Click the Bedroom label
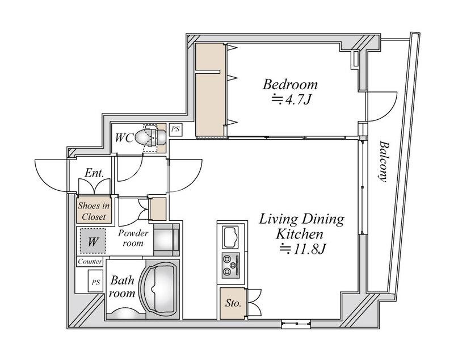[290, 85]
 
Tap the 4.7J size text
[291, 100]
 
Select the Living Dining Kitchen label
[301, 227]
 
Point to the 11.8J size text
[302, 249]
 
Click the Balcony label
[383, 161]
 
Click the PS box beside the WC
[175, 129]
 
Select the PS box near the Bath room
[95, 281]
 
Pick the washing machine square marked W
[93, 241]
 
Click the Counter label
[90, 262]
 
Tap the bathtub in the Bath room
[160, 290]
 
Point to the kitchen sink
[230, 237]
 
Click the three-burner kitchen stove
[231, 265]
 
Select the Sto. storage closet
[233, 303]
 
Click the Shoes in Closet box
[94, 211]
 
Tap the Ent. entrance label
[94, 173]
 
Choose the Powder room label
[133, 238]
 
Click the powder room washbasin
[166, 240]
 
